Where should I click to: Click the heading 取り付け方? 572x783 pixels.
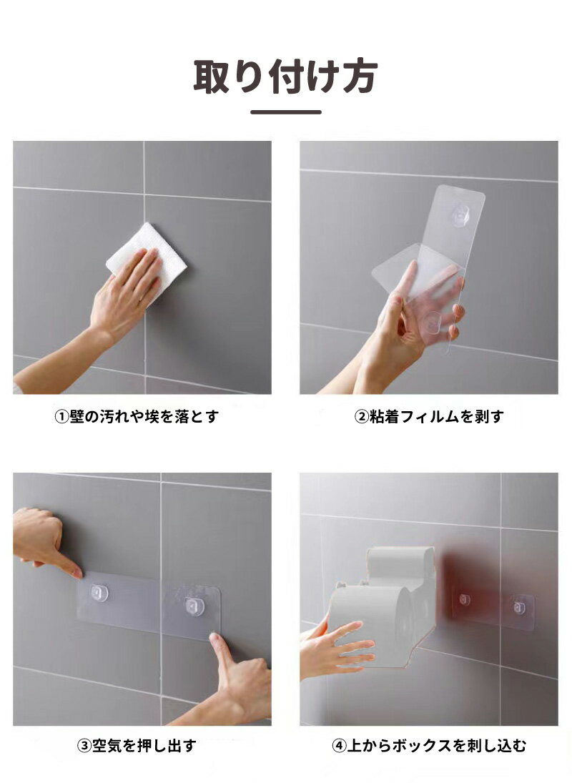click(285, 76)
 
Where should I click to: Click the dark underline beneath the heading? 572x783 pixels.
click(286, 112)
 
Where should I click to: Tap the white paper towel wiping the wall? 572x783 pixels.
click(147, 258)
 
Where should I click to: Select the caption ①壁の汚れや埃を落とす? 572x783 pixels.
click(137, 416)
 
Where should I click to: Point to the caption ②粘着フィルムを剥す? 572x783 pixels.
click(429, 416)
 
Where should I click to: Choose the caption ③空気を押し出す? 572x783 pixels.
click(137, 746)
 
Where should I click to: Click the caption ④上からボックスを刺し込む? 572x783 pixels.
click(429, 746)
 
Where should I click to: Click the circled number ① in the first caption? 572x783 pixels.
click(61, 416)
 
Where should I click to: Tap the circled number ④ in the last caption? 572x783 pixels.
click(339, 746)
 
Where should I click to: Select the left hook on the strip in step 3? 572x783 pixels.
click(99, 592)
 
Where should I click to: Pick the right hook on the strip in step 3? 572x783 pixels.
click(194, 606)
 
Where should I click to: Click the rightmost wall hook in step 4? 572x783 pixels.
click(519, 608)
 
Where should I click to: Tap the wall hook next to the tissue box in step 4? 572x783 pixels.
click(464, 599)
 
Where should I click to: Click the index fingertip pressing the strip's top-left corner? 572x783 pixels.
click(77, 572)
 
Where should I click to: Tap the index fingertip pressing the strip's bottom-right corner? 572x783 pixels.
click(215, 639)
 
